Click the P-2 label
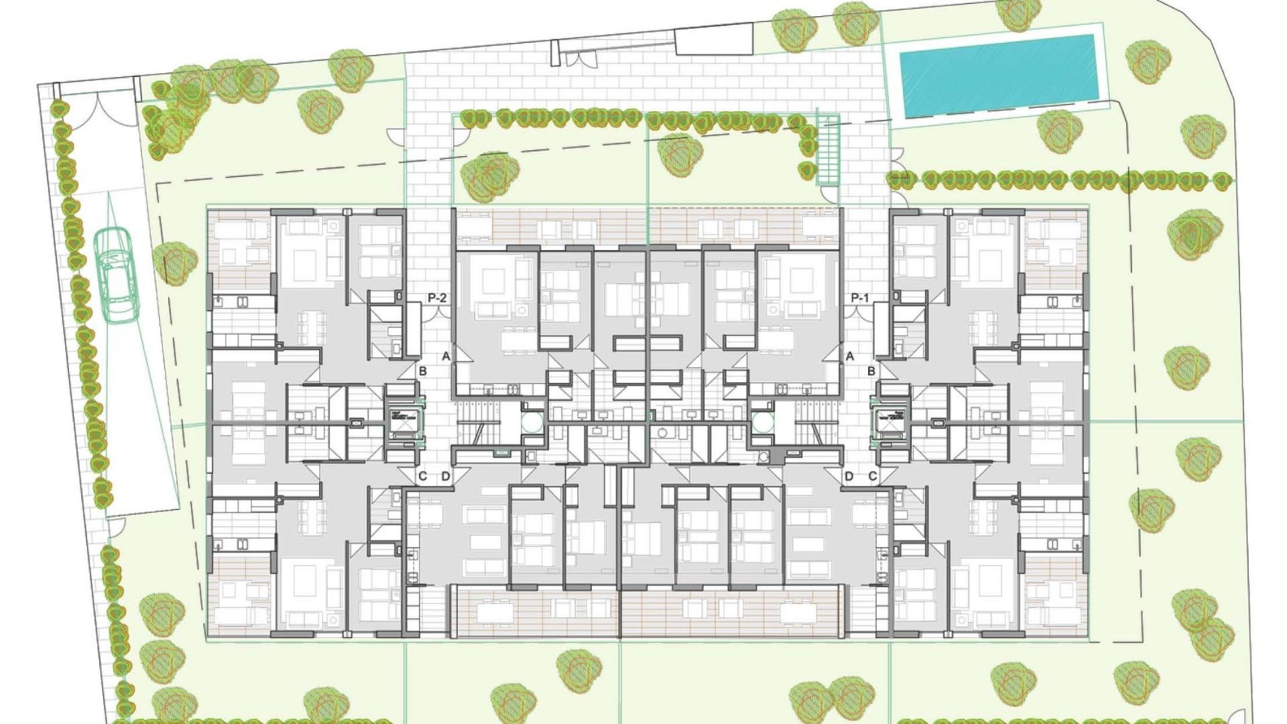coord(437,298)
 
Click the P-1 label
coord(860,298)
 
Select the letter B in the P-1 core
coord(871,371)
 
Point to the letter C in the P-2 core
coord(422,477)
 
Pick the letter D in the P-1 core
coord(849,477)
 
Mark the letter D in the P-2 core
coord(446,477)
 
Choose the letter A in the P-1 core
coord(850,356)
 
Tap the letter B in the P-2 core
coord(422,371)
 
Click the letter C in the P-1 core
coord(873,477)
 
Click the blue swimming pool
coord(997,75)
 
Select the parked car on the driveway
coord(115,275)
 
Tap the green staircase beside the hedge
coord(828,151)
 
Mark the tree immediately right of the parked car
coord(174,263)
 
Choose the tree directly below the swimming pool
coord(1059,131)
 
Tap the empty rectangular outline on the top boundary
coord(714,40)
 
